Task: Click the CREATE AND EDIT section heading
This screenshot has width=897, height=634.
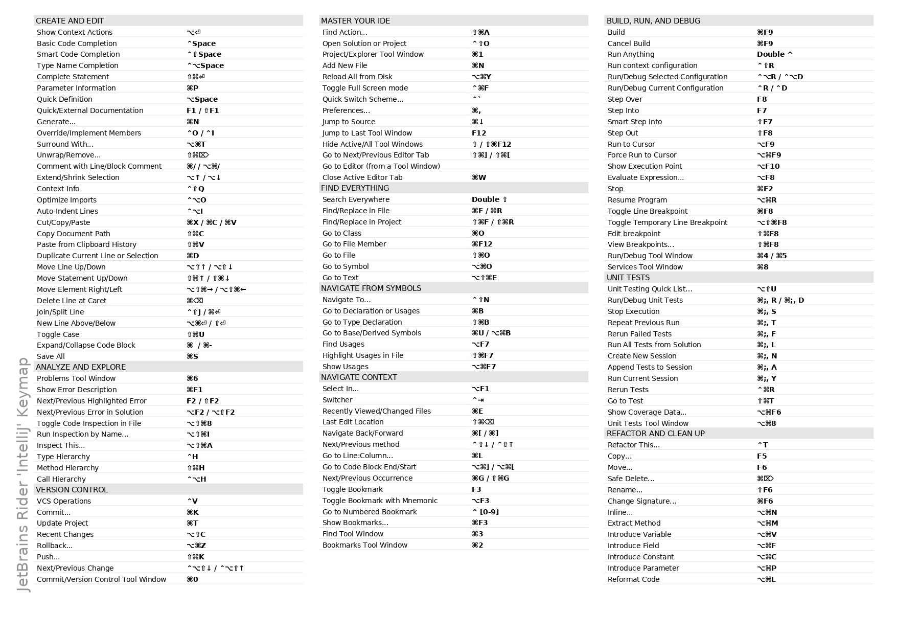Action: click(70, 21)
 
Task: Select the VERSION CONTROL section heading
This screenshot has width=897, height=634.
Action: click(72, 490)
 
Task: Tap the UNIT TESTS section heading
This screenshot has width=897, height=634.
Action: click(628, 278)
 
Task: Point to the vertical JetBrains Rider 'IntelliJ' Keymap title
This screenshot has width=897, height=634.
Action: click(24, 474)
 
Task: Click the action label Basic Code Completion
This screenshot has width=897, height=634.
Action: click(77, 43)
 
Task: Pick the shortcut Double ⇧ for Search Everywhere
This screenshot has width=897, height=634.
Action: click(489, 199)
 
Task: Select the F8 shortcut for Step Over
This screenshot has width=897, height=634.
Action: click(762, 99)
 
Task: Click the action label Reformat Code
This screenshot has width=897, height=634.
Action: click(633, 579)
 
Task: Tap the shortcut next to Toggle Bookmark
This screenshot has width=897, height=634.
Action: click(476, 489)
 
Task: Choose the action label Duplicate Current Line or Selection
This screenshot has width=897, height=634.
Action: click(98, 256)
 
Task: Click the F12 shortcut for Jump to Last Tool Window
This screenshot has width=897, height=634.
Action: click(479, 133)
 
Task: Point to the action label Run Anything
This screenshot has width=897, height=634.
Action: click(631, 54)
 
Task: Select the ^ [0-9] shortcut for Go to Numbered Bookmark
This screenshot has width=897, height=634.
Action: click(485, 512)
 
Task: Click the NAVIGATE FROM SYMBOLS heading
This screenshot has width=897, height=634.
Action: click(371, 288)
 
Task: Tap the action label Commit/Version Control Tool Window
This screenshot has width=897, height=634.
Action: click(101, 579)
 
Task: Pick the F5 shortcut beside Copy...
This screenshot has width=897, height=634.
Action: click(762, 456)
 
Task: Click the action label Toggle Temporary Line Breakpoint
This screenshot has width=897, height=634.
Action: click(667, 222)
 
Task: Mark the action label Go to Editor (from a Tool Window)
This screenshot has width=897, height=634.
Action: click(381, 166)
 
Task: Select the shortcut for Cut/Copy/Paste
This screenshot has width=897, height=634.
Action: click(212, 222)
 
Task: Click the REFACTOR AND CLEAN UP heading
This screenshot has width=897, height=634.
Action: click(656, 434)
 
